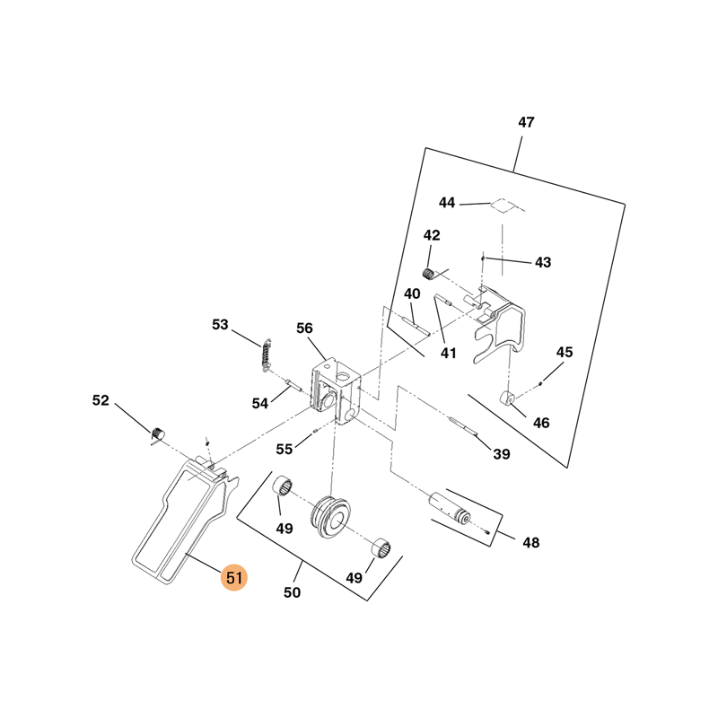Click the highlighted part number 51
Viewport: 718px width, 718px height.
[233, 579]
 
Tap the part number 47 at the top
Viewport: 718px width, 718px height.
[526, 123]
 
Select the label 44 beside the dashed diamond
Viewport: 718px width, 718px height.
[447, 203]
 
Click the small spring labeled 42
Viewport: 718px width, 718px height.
[430, 274]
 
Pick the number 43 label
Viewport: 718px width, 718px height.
[543, 263]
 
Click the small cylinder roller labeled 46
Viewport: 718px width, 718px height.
[508, 398]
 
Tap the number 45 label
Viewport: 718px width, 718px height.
[564, 353]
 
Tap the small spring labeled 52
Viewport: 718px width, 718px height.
[157, 435]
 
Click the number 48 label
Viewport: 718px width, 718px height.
[531, 542]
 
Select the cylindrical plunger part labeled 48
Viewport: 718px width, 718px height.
[451, 507]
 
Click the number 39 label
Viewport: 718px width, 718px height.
[501, 454]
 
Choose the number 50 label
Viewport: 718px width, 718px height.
[292, 592]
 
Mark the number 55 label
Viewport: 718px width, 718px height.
[285, 449]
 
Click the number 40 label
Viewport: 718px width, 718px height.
[412, 294]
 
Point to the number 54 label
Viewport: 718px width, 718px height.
[260, 404]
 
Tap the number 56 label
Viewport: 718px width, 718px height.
[304, 328]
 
